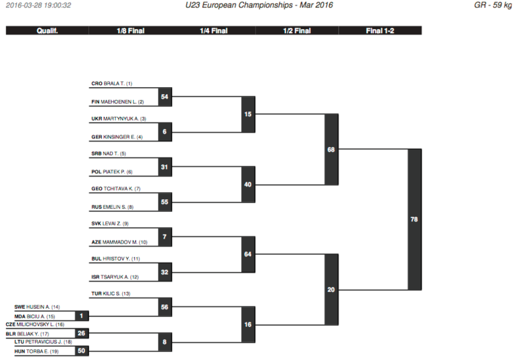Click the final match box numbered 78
[x=415, y=219]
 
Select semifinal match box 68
[x=331, y=150]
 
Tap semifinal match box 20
[x=331, y=290]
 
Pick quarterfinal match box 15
[x=248, y=114]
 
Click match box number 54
[x=165, y=96]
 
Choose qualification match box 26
[x=81, y=333]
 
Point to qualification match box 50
[x=81, y=351]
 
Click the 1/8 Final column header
[x=131, y=31]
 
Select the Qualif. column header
[x=47, y=31]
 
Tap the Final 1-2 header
[x=380, y=31]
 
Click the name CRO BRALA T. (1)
[x=112, y=84]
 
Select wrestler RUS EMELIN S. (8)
[x=112, y=207]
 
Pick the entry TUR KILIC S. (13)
[x=110, y=294]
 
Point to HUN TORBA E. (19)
[x=36, y=351]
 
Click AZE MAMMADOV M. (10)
[x=119, y=242]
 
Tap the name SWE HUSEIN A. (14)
[x=37, y=307]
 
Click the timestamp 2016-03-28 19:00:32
[x=38, y=5]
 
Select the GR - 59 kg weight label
[x=493, y=5]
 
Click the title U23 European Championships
[x=239, y=5]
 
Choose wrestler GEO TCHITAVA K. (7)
[x=116, y=189]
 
